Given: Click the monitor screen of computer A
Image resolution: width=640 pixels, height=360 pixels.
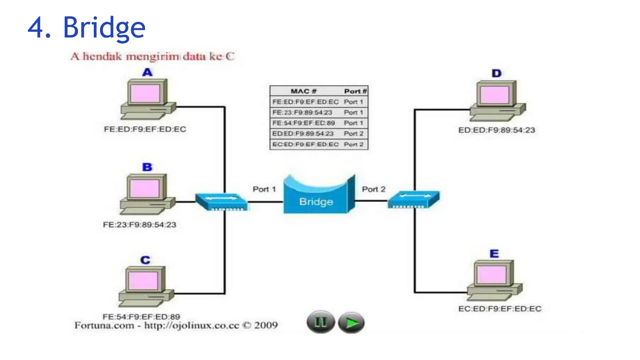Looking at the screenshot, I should [x=145, y=93].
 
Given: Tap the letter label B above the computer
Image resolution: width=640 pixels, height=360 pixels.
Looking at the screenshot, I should [x=147, y=167].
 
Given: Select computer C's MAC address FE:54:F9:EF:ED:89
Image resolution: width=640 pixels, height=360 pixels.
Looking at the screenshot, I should [x=141, y=317].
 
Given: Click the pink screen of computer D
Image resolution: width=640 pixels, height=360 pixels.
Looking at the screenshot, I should [x=495, y=95].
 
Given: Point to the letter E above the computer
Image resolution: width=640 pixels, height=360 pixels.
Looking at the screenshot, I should [x=494, y=253].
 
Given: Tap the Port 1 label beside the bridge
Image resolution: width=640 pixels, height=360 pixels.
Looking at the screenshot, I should [x=264, y=189].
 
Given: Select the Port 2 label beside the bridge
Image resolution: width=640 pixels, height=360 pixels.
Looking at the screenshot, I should [x=373, y=189].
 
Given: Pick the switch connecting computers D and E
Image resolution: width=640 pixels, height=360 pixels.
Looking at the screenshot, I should [x=413, y=199].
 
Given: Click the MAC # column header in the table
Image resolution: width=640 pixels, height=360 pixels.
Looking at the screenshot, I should [x=303, y=91].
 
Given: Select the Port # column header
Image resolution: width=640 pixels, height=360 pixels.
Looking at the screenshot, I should [x=355, y=91].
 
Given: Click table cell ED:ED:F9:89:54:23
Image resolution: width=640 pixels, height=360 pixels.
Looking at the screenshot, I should [x=303, y=134].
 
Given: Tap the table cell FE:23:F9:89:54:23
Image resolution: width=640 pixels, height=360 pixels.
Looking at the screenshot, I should [x=302, y=112].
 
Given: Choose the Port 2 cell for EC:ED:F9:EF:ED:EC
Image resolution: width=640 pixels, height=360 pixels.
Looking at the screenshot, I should [x=353, y=144].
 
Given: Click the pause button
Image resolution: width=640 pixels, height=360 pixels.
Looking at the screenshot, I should [x=320, y=322].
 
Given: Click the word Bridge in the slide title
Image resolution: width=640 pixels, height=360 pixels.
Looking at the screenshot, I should [x=104, y=27].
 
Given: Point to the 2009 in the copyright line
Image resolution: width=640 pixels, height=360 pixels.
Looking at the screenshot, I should [x=266, y=325].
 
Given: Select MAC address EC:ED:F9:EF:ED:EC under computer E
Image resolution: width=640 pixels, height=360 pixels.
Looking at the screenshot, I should [x=499, y=309].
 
